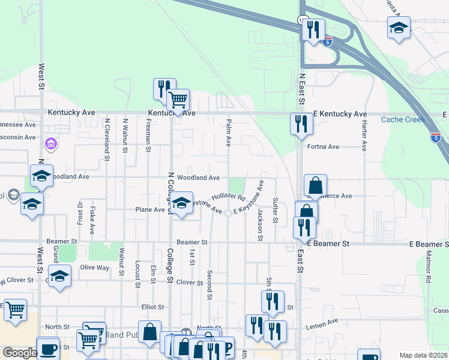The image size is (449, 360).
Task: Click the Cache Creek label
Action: pyautogui.click(x=403, y=119)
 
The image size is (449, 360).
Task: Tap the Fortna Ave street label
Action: pyautogui.click(x=323, y=146)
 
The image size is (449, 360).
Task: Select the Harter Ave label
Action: pyautogui.click(x=364, y=135)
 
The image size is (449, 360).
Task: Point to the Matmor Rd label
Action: pyautogui.click(x=429, y=271)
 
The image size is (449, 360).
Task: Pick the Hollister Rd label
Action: pyautogui.click(x=229, y=196)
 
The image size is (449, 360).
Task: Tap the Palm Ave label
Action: pyautogui.click(x=229, y=133)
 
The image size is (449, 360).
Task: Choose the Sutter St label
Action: pyautogui.click(x=275, y=210)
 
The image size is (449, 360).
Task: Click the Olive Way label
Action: pyautogui.click(x=95, y=267)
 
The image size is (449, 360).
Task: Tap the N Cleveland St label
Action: pyautogui.click(x=107, y=140)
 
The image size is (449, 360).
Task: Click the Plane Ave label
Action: pyautogui.click(x=150, y=210)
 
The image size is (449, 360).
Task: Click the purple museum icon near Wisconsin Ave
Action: pyautogui.click(x=51, y=144)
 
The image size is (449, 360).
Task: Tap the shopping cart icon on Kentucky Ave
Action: pyautogui.click(x=178, y=100)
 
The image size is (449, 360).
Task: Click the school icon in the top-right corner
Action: pyautogui.click(x=399, y=28)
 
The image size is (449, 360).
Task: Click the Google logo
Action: pyautogui.click(x=20, y=353)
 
